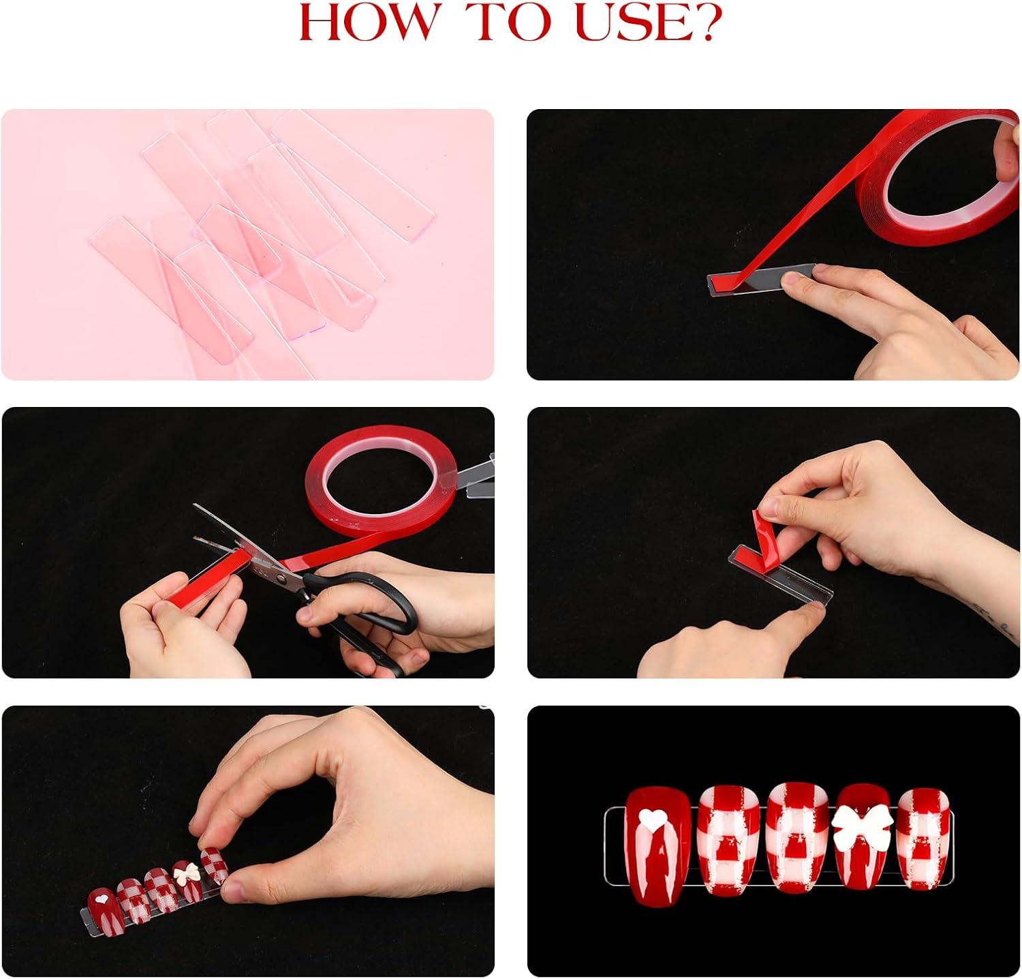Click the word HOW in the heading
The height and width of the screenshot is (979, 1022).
(367, 22)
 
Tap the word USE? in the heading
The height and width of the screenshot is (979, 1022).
(647, 22)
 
